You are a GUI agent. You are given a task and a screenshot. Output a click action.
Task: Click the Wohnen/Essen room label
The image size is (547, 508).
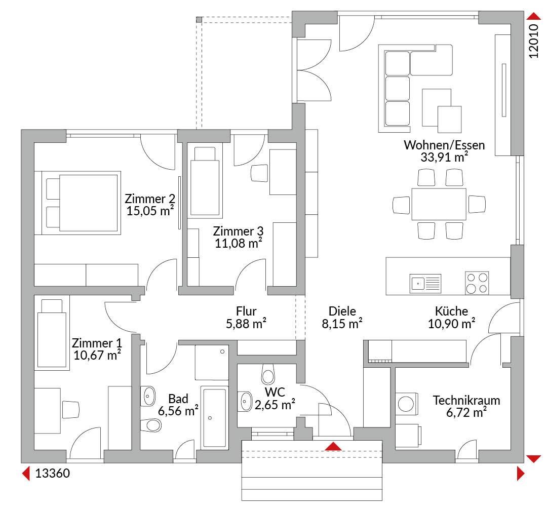444,145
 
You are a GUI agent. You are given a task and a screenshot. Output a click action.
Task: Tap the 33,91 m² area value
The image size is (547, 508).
444,158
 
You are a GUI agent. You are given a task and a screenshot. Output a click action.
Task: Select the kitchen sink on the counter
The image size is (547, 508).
425,283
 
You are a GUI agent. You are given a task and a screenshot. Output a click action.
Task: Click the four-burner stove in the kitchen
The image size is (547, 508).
477,283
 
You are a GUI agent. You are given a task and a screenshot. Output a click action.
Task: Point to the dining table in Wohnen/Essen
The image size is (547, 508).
439,204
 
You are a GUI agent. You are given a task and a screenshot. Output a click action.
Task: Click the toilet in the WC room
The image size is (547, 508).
268,374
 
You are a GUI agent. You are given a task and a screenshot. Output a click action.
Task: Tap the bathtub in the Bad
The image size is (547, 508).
215,418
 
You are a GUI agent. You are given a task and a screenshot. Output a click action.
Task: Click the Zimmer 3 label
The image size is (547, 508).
238,231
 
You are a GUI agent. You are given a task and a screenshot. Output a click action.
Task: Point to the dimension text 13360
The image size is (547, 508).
53,474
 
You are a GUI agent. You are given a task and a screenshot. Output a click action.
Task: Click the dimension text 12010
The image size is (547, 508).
534,41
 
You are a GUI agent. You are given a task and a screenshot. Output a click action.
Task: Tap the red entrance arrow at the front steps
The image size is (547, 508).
334,446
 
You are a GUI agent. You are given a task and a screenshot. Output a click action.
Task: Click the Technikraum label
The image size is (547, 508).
466,400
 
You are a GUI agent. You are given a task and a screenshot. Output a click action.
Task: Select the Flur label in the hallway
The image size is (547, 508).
246,311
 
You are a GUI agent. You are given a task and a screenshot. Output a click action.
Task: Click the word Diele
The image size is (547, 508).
342,311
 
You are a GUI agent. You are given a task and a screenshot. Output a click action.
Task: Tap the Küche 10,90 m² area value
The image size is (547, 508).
451,324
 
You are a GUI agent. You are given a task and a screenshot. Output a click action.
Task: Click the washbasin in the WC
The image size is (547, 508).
245,402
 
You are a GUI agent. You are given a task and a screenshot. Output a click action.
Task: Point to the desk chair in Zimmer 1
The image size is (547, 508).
71,410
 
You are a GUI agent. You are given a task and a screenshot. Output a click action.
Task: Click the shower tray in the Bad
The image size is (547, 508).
212,363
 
